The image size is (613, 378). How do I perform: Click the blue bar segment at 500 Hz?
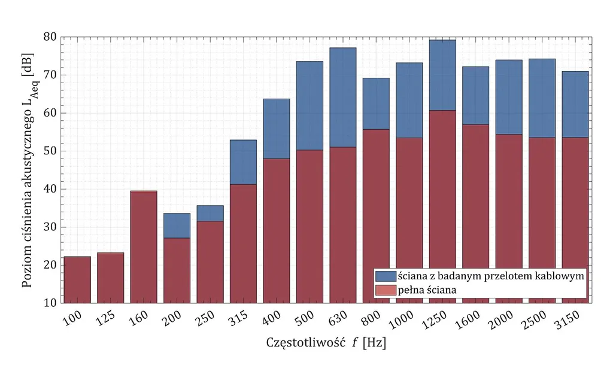309,105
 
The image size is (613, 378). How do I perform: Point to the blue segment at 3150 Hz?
575,104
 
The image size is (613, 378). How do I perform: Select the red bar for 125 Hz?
111,278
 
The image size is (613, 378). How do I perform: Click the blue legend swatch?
386,276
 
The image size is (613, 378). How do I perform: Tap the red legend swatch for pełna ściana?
386,290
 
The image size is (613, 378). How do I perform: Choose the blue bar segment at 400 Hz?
277,129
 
